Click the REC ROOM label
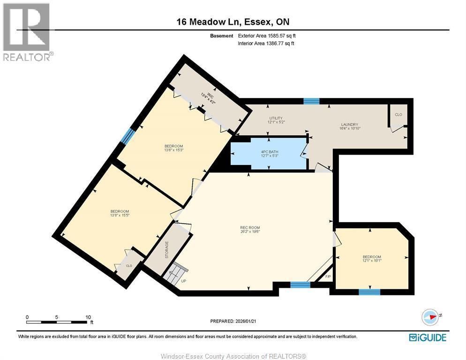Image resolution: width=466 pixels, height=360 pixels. pos(250,230)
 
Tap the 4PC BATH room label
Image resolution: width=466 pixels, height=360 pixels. pos(270,154)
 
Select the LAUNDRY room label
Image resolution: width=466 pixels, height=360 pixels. pos(350,127)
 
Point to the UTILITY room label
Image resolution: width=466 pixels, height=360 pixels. pos(276,120)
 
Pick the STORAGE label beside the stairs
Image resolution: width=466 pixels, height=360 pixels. pos(166,250)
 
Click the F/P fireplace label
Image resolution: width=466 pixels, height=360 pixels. pos(328,277)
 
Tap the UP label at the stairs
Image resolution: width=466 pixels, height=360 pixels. pos(184,281)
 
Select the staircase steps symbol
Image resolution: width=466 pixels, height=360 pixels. pos(175,273)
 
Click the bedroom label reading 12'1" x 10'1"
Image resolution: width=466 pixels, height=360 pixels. pos(372,258)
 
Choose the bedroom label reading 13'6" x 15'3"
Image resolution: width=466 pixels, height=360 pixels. pos(174,148)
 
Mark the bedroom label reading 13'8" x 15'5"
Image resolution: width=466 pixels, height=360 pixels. pos(120,213)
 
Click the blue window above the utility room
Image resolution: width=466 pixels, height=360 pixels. pos(311,101)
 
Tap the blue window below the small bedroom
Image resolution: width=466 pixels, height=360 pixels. pos(369,292)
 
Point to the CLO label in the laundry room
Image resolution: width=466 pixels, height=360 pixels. pos(398,114)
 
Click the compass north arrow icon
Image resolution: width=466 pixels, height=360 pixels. pos(430,317)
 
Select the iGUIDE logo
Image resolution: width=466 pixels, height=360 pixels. pos(428,337)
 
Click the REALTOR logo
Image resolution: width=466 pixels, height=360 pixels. pos(27,32)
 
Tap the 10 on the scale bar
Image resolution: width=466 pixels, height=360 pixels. pos(88,317)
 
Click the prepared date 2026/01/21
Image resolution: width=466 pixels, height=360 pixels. pos(246,321)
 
